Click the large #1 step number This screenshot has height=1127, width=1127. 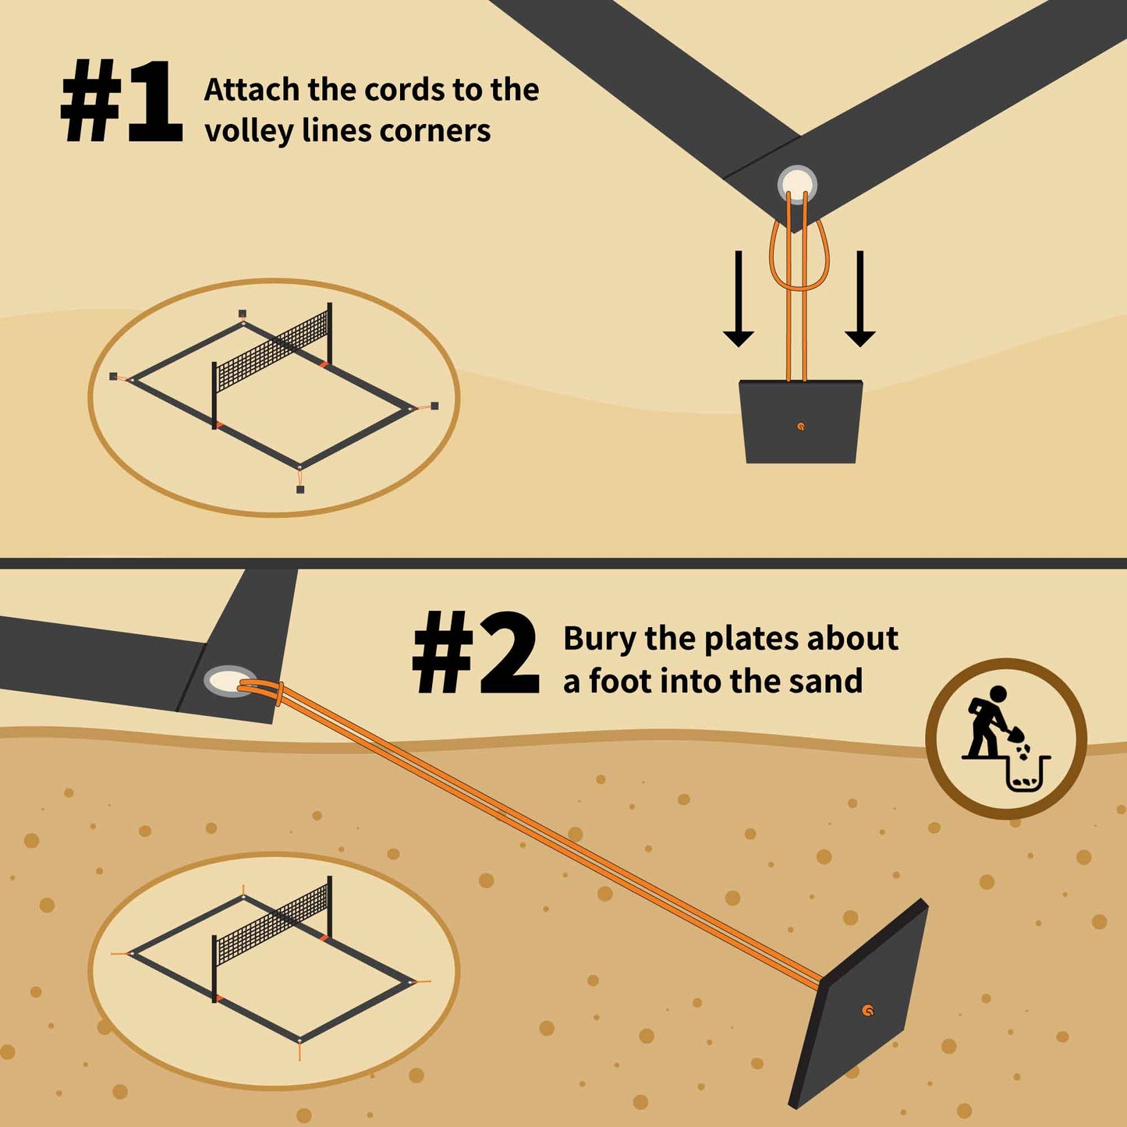pos(121,101)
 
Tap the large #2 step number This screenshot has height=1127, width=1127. pos(476,653)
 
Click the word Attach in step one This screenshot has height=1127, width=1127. pos(252,90)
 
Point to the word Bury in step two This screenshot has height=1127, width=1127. pos(600,640)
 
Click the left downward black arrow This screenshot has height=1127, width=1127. pos(738,299)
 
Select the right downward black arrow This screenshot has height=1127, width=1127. pos(859,299)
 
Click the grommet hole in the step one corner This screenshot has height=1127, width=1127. pos(796,186)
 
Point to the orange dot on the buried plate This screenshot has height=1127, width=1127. pos(869,1010)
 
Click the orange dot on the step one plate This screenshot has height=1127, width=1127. pos(801,427)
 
